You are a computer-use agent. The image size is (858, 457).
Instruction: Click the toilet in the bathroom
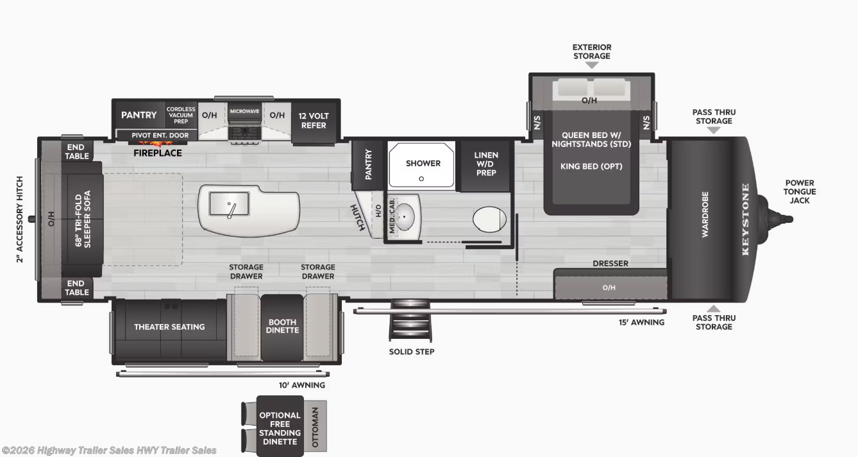pos(489,220)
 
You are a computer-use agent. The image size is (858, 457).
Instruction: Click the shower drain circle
pos(421,178)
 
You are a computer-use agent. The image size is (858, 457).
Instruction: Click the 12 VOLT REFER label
pos(314,121)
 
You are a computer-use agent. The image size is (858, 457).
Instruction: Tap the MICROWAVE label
pos(244,111)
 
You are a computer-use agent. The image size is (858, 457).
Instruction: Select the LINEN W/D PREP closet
pos(485,164)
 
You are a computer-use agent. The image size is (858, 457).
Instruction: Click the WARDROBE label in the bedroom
pos(705,214)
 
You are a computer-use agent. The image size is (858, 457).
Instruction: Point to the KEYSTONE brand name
pos(745,219)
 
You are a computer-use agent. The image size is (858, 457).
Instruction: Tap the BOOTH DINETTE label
pos(282,326)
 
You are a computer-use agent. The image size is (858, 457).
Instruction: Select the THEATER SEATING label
pos(169,327)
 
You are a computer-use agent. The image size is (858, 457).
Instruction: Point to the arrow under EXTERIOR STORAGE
pos(592,65)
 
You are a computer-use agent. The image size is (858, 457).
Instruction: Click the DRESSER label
pos(610,263)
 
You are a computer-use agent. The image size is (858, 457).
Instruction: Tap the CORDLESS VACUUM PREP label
pos(181,115)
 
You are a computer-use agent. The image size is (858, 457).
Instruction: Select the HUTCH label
pos(358,217)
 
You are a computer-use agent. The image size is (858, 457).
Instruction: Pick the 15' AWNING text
pos(641,322)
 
